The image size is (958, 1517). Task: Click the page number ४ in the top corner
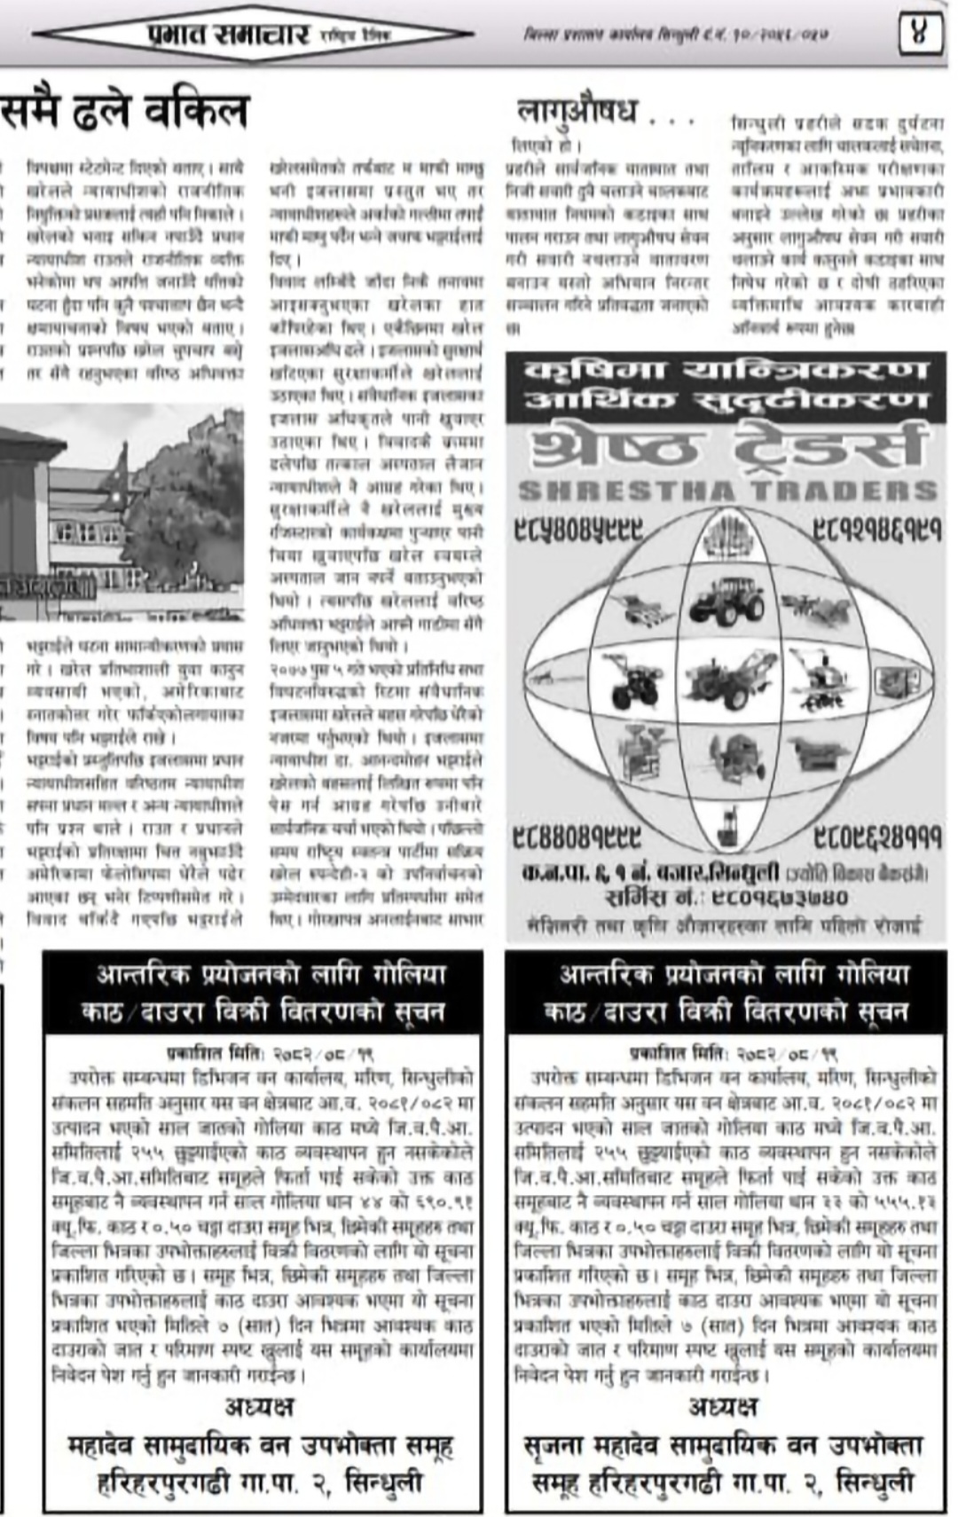pos(920,36)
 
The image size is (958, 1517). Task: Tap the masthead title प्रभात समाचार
pos(228,35)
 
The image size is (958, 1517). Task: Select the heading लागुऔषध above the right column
pos(577,112)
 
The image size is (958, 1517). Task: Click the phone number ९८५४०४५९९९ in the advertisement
pos(578,531)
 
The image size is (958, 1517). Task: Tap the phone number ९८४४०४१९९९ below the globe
pos(577,837)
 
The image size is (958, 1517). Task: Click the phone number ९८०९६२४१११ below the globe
pos(877,837)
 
